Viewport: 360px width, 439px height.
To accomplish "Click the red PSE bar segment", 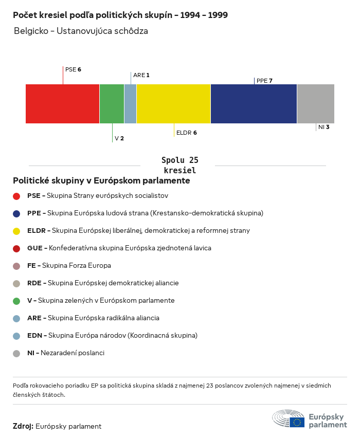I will coord(62,104).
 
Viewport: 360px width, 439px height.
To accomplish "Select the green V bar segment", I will coord(112,104).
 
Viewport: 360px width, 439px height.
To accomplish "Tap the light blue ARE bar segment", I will coord(130,104).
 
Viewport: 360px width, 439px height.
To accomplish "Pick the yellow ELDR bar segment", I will coord(173,104).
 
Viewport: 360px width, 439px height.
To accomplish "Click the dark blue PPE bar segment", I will coord(254,104).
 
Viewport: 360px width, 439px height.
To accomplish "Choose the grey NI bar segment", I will coord(315,104).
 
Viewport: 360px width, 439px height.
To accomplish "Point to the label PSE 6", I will coord(73,69).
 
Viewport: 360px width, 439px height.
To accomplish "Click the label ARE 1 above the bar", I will coord(141,75).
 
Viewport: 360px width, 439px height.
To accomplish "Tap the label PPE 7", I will coord(264,81).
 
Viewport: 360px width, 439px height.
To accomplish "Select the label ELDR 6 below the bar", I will coord(186,133).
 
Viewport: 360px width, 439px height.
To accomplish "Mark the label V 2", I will coord(119,139).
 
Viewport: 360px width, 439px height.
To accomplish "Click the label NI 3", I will coord(323,127).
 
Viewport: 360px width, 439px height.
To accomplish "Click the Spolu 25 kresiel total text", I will coord(179,165).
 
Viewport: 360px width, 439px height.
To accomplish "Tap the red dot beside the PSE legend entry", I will coord(16,196).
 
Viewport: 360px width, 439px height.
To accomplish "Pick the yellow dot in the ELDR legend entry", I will coord(16,231).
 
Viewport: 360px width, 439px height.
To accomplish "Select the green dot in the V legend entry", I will coord(16,301).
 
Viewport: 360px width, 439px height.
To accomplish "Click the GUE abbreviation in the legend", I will coord(34,248).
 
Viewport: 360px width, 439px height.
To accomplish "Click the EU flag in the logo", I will coord(297,422).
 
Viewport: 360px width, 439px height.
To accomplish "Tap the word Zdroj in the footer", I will coord(23,426).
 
